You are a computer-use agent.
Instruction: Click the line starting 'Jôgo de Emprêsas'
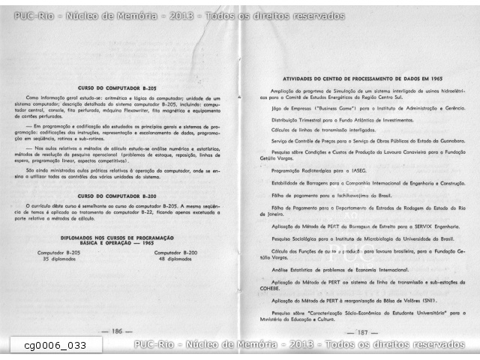coord(363,109)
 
